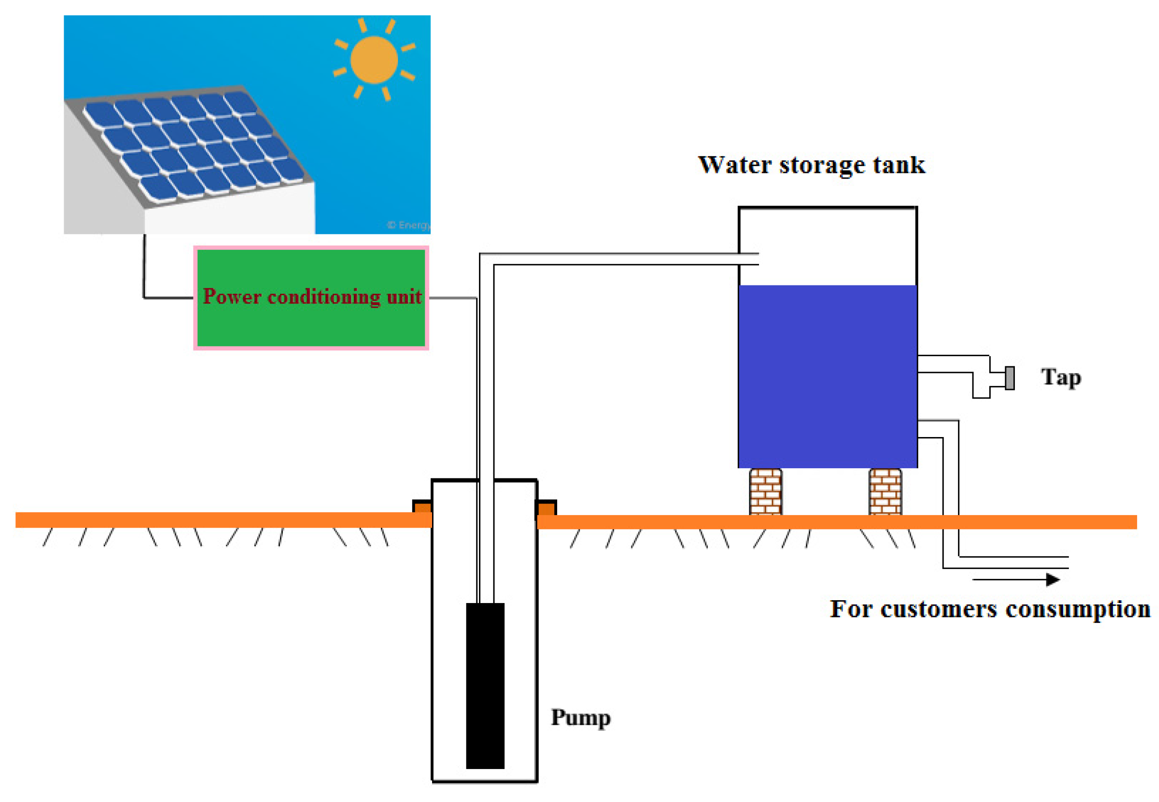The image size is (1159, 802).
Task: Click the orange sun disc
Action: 373,60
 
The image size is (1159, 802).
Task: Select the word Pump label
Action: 580,717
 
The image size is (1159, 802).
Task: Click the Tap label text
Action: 1060,378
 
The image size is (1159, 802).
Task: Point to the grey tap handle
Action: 1009,378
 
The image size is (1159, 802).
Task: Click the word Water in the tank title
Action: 734,165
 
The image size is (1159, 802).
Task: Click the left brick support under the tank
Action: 765,491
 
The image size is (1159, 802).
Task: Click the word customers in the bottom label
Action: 938,609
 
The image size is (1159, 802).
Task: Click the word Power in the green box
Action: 232,297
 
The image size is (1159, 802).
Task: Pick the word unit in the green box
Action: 404,297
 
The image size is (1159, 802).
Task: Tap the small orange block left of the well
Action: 422,506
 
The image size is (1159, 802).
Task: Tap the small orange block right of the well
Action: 546,508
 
